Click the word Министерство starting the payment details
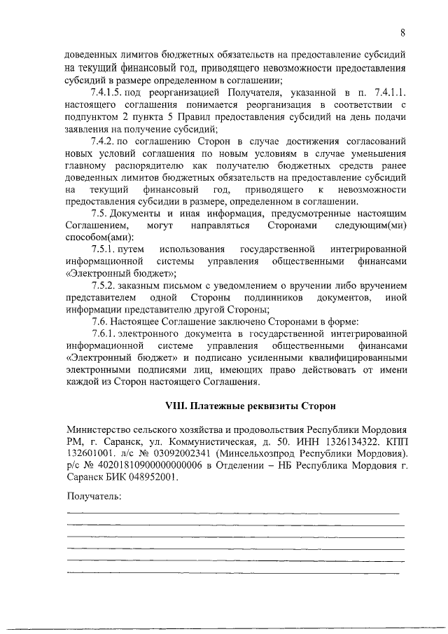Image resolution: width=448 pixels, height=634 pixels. [100, 429]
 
